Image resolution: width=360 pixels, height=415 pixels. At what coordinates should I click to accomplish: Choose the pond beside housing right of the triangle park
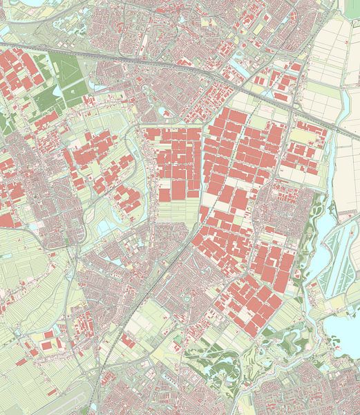(164, 111)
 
